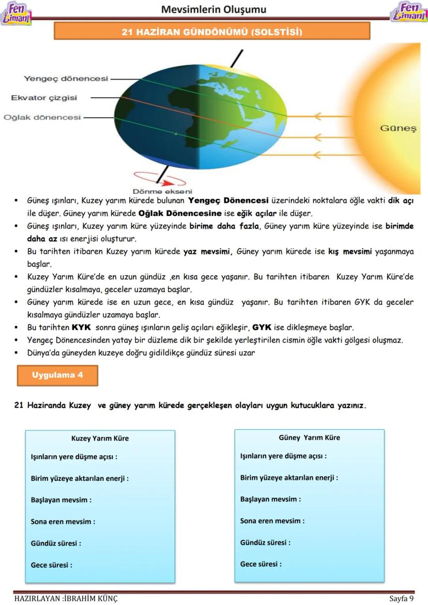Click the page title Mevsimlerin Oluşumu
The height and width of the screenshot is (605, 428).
[x=213, y=9]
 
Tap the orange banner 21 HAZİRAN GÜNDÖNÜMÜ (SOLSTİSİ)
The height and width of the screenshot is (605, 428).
[x=212, y=32]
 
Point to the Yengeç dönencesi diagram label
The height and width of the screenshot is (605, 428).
[x=66, y=79]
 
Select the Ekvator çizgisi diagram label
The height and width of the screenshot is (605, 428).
[x=44, y=98]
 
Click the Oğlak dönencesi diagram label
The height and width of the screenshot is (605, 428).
[x=42, y=117]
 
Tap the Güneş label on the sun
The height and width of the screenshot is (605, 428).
[x=398, y=128]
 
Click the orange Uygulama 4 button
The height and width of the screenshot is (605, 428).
[x=57, y=375]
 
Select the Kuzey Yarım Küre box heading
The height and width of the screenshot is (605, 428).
[x=100, y=438]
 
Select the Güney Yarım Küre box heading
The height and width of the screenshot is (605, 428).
[x=309, y=437]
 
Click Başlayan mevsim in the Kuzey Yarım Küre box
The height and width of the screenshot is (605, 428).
[x=61, y=500]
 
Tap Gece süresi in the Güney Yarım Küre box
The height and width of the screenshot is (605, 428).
[x=261, y=564]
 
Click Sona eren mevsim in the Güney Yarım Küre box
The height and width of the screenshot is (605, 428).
[x=272, y=521]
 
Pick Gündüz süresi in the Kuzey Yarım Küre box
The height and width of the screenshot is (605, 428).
[x=56, y=543]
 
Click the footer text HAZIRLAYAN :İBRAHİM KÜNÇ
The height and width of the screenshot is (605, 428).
[x=66, y=599]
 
